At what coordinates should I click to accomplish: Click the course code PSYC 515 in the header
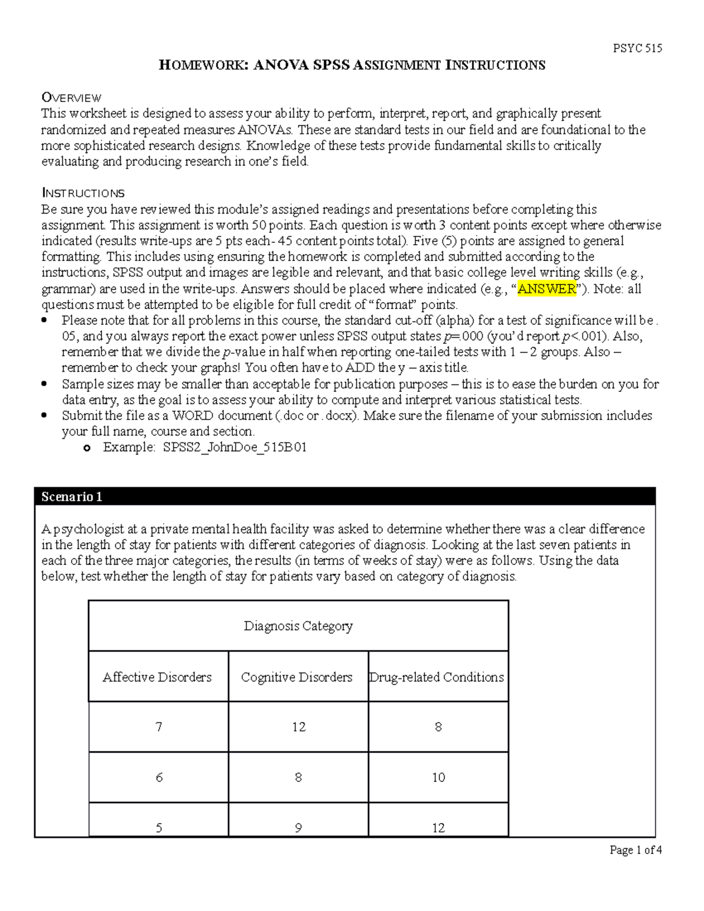coord(637,49)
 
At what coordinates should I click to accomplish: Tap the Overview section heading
coord(71,97)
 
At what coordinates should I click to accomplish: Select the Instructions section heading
coord(83,193)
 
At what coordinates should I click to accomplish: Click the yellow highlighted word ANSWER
coord(547,289)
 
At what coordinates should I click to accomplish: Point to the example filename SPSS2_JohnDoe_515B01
coord(235,448)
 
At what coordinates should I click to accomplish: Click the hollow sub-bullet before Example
coord(87,449)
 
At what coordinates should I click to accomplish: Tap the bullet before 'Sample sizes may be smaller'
coord(45,385)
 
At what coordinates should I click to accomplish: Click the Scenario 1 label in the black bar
coord(72,497)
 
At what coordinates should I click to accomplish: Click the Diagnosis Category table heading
coord(298,626)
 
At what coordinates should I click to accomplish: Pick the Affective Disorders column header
coord(157,677)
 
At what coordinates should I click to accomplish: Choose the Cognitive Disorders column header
coord(297,677)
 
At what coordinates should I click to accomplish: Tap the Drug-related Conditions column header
coord(436,677)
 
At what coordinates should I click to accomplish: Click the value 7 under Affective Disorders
coord(158,727)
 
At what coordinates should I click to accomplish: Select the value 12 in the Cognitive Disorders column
coord(299,727)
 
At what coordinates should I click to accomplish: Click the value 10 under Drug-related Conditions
coord(438,778)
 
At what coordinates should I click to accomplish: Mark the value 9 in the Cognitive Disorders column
coord(299,828)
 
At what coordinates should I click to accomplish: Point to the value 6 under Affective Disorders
coord(158,778)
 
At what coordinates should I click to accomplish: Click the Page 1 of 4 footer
coord(635,850)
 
